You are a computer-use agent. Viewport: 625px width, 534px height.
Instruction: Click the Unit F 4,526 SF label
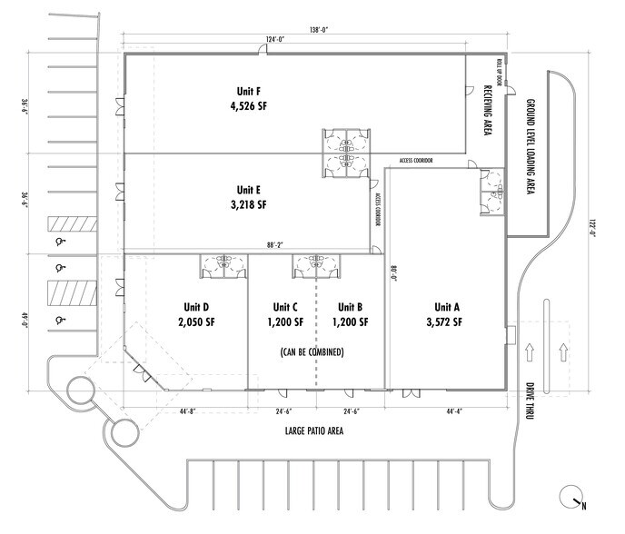click(x=248, y=98)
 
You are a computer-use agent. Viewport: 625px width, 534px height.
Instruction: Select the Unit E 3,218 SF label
click(x=248, y=197)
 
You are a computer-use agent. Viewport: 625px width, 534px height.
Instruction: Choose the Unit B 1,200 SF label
click(x=351, y=313)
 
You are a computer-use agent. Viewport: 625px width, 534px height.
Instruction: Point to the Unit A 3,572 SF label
click(x=446, y=313)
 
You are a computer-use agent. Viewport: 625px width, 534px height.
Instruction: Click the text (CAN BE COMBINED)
click(x=311, y=351)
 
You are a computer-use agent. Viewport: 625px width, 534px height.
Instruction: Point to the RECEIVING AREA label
click(x=487, y=110)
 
